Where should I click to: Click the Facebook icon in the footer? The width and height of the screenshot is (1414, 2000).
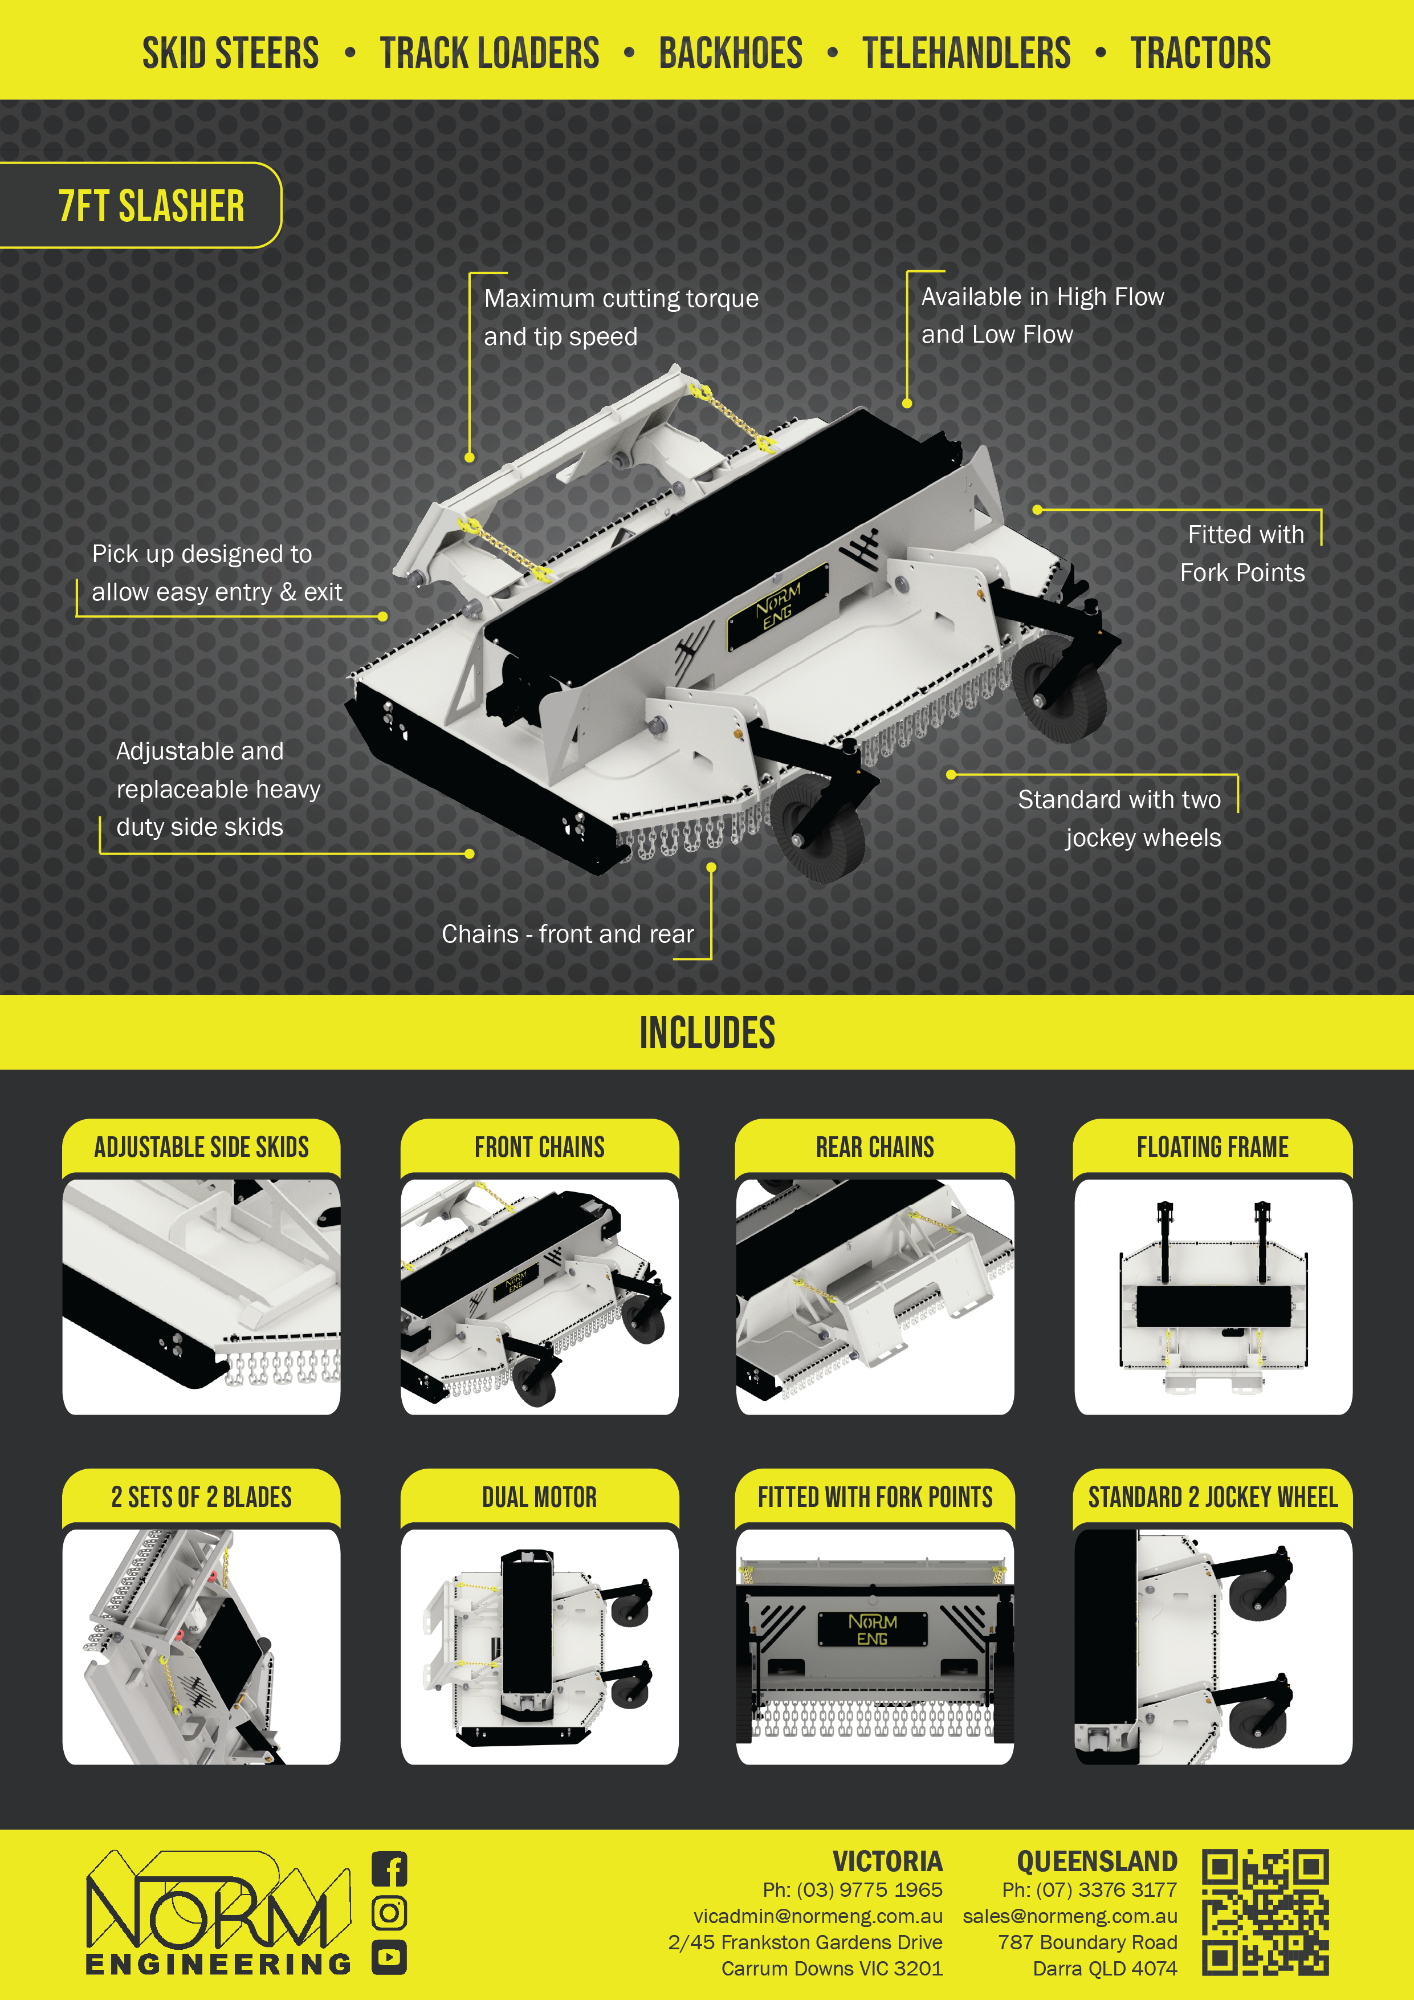[x=389, y=1868]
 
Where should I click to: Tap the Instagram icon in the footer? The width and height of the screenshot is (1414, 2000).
[x=389, y=1913]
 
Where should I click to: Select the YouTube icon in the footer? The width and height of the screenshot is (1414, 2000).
[x=389, y=1957]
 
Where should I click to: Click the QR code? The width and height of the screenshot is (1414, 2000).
[x=1265, y=1912]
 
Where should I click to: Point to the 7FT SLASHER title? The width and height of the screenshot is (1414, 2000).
[x=152, y=206]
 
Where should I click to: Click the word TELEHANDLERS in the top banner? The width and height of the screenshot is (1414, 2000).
[x=967, y=53]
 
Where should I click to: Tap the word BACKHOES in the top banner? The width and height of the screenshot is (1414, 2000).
[x=731, y=53]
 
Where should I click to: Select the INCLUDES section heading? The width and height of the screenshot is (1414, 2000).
[x=707, y=1033]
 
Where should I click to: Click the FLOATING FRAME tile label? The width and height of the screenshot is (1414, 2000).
[x=1213, y=1147]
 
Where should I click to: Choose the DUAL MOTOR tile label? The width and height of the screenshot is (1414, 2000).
[x=540, y=1497]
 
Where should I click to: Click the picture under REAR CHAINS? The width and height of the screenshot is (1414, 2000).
[x=875, y=1296]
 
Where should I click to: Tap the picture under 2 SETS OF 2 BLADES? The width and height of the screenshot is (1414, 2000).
[x=201, y=1647]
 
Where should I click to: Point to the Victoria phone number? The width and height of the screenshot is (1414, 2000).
[x=853, y=1889]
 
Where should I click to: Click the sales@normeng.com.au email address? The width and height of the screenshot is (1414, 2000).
[x=1070, y=1916]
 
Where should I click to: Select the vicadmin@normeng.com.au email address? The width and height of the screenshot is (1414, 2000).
[x=818, y=1916]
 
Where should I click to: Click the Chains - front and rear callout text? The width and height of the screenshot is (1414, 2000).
[x=568, y=934]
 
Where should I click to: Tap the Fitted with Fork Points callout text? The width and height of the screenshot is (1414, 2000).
[x=1242, y=553]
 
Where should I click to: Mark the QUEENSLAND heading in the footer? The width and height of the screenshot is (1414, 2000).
[x=1097, y=1861]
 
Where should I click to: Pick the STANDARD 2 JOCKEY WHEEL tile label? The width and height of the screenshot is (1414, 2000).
[x=1213, y=1497]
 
